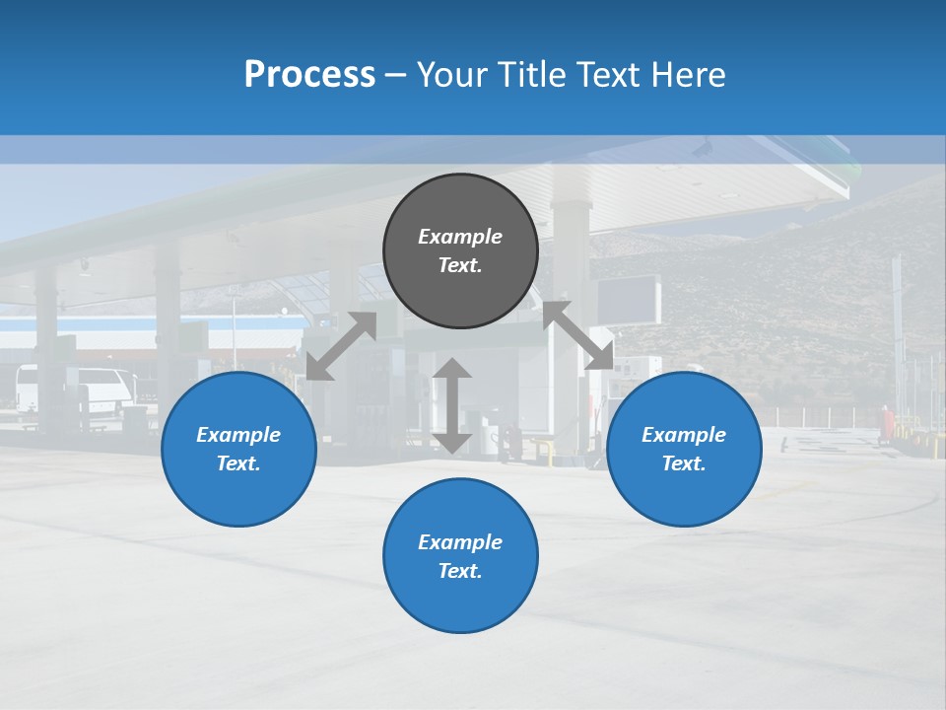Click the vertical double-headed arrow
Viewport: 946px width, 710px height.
(452, 405)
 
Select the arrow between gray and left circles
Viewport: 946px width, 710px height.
(341, 346)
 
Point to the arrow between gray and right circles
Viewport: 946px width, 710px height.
(579, 335)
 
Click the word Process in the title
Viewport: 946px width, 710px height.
(309, 74)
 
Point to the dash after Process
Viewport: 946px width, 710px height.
(396, 75)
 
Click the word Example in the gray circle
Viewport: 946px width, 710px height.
(460, 237)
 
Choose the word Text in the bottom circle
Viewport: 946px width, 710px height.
(458, 571)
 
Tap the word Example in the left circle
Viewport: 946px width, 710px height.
(238, 435)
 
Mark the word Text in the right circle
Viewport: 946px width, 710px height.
(682, 463)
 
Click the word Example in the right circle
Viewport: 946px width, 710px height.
(684, 435)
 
